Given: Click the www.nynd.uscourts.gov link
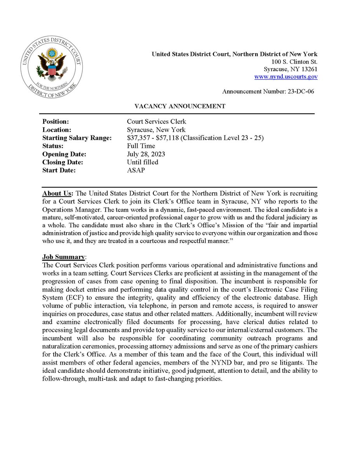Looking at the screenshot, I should coord(286,77).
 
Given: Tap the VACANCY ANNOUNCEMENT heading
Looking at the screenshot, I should coord(180,106).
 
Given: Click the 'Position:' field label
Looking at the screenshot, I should coord(56,122).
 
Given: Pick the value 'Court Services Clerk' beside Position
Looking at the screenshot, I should coord(157,122).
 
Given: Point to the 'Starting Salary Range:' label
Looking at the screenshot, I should coord(77,138).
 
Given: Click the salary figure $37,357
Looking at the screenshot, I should coord(139,138).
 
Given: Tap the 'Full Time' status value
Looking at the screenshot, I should coord(141,146).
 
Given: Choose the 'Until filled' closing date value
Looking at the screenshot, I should coord(143,162).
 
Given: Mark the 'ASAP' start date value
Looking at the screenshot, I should coord(136,170).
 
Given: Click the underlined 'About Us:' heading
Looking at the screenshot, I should coord(58,193).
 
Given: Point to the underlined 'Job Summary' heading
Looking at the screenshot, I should coord(63,257).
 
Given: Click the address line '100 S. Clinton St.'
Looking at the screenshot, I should coord(295,62).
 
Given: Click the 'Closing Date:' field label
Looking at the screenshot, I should coord(63,162).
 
